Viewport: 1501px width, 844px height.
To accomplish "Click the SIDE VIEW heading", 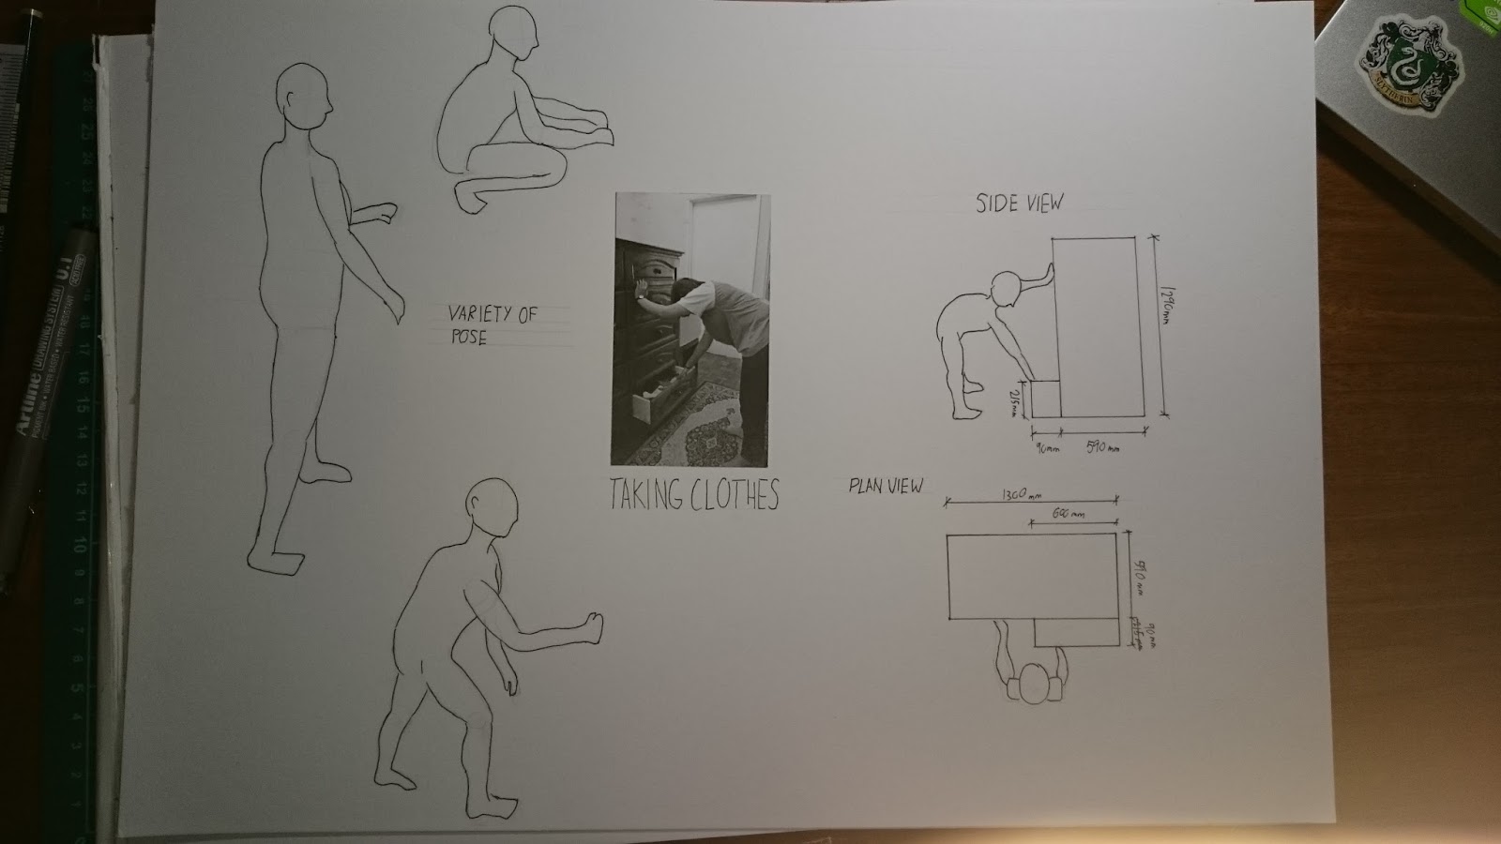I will coord(1019,203).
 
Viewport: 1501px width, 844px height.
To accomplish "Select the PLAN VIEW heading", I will coord(886,486).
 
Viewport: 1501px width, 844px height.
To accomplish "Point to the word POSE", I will coord(468,337).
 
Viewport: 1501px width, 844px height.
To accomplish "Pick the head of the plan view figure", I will coord(1036,683).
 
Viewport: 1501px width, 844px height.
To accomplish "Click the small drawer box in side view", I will coord(1044,398).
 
